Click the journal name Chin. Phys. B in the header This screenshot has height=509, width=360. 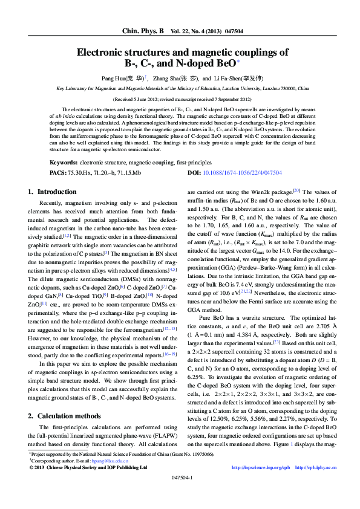(143, 30)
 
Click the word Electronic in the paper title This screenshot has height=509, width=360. (102, 53)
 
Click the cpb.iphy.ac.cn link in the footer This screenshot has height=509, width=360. (312, 467)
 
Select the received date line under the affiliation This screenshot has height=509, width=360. (180, 98)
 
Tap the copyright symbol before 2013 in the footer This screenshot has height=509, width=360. (32, 467)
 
